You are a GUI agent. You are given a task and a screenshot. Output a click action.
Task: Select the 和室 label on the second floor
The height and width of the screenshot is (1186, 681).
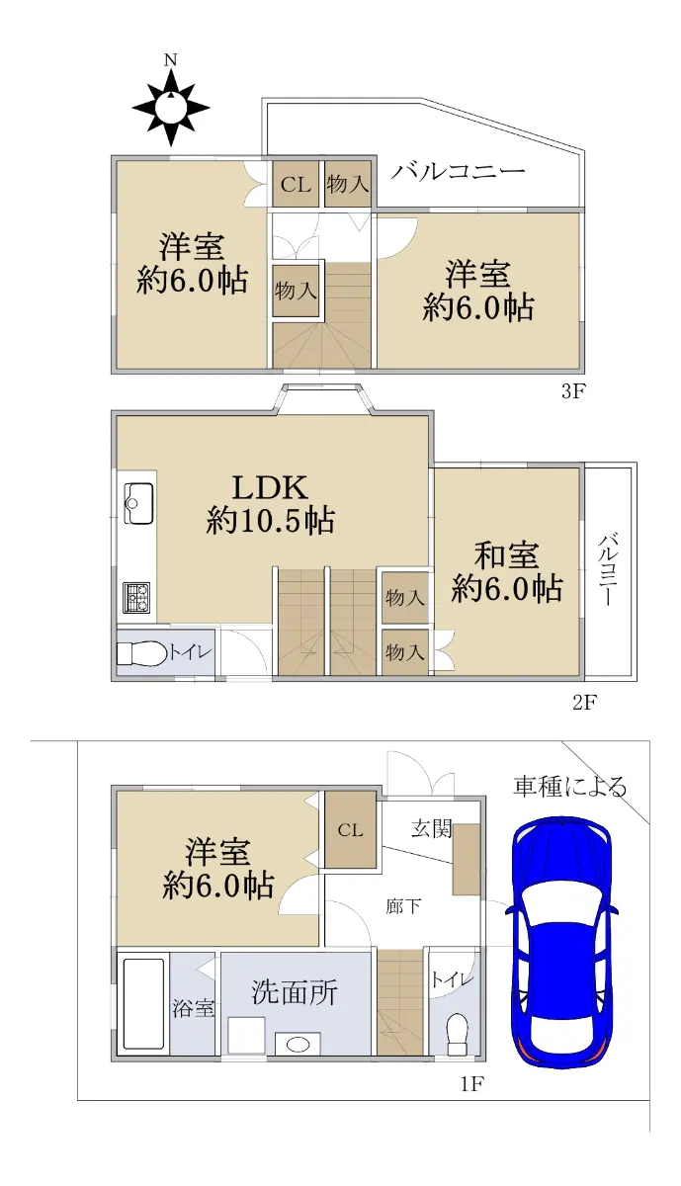pos(506,555)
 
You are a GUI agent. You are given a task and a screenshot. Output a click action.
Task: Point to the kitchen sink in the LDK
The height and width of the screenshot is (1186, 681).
pos(138,503)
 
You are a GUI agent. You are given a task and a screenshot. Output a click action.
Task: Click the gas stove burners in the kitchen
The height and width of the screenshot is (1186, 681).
pos(136,598)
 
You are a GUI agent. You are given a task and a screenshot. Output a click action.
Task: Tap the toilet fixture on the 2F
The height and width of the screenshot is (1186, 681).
pos(141,653)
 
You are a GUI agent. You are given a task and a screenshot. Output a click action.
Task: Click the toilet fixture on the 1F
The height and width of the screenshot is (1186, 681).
pos(456,1032)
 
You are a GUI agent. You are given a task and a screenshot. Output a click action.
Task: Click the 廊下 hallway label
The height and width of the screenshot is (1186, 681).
pos(403,907)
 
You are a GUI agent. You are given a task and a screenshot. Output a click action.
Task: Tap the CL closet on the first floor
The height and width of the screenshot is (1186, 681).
pos(351,830)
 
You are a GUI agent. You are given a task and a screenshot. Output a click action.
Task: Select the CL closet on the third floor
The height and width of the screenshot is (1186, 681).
pos(296,184)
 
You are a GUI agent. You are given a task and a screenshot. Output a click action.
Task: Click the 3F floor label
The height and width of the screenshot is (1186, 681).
pos(572,392)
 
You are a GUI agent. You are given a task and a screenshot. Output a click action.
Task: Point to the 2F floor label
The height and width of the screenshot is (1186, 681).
pos(584,703)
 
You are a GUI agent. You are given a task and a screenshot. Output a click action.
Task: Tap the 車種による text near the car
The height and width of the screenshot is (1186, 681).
pos(569,787)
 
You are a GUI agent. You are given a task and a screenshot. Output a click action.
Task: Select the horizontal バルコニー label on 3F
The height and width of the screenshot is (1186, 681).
pos(459,170)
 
